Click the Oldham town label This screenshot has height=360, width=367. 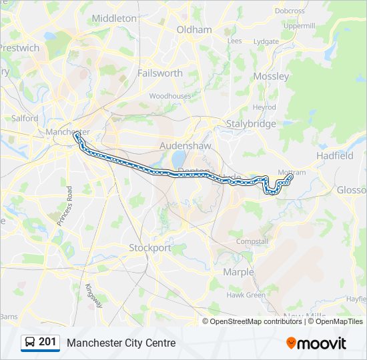[194, 29]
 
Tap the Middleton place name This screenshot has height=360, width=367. [113, 19]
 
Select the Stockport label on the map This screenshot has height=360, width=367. [149, 247]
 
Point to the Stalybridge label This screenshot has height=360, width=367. [251, 124]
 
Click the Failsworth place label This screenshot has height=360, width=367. [159, 73]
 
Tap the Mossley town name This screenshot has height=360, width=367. [272, 76]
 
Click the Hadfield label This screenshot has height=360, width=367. [335, 155]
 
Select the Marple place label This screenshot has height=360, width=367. [238, 272]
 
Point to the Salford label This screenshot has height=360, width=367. [25, 118]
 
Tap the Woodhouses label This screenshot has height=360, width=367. [169, 96]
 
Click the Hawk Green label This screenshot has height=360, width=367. [246, 295]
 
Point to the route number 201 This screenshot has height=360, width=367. [47, 342]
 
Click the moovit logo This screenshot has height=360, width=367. [316, 343]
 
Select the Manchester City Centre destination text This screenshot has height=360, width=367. [121, 343]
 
